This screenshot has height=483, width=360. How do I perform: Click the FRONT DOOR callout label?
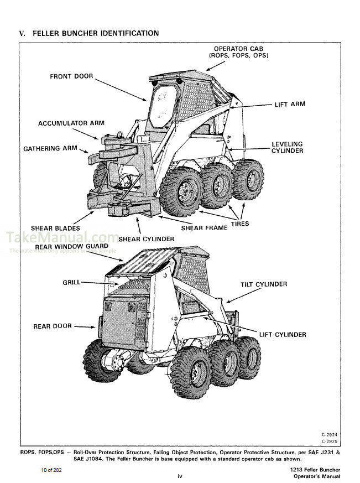coord(71,76)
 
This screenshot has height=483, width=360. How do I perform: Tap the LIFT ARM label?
coord(290,104)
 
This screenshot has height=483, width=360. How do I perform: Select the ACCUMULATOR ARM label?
coord(71,123)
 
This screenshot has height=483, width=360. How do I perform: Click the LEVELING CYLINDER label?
coord(287,148)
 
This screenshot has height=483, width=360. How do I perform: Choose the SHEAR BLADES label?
coord(55,228)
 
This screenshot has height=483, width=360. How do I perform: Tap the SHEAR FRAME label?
coord(204,228)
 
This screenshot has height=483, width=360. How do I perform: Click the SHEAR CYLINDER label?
coord(146,239)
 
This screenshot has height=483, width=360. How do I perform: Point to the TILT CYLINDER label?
coord(264,284)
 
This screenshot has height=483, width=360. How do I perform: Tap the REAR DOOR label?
coord(53,326)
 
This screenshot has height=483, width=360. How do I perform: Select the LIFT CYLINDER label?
coord(283,335)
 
